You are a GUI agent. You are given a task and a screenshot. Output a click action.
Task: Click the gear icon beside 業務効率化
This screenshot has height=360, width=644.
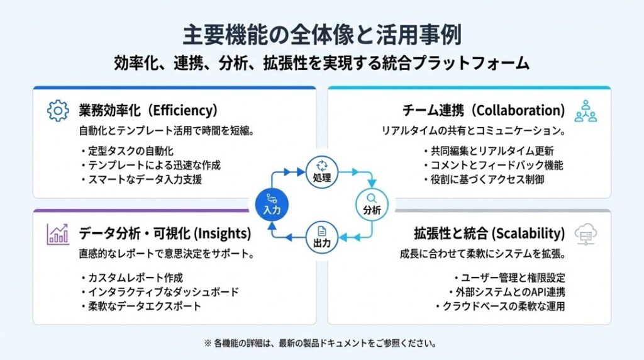pos(58,111)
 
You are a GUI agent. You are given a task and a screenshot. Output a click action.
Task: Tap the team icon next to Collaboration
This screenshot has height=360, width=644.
pos(586,111)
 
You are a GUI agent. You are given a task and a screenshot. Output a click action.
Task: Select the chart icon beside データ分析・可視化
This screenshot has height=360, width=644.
pos(58,233)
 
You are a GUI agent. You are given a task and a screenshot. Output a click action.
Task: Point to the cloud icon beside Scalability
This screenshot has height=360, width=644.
pos(586,234)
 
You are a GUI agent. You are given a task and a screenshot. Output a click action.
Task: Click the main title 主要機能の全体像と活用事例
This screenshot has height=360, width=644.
pos(321,35)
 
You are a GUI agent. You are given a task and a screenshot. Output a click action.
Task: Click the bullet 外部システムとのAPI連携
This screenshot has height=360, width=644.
pos(506,292)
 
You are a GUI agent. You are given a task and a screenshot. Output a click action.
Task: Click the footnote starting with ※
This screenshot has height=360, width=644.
pos(321,343)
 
